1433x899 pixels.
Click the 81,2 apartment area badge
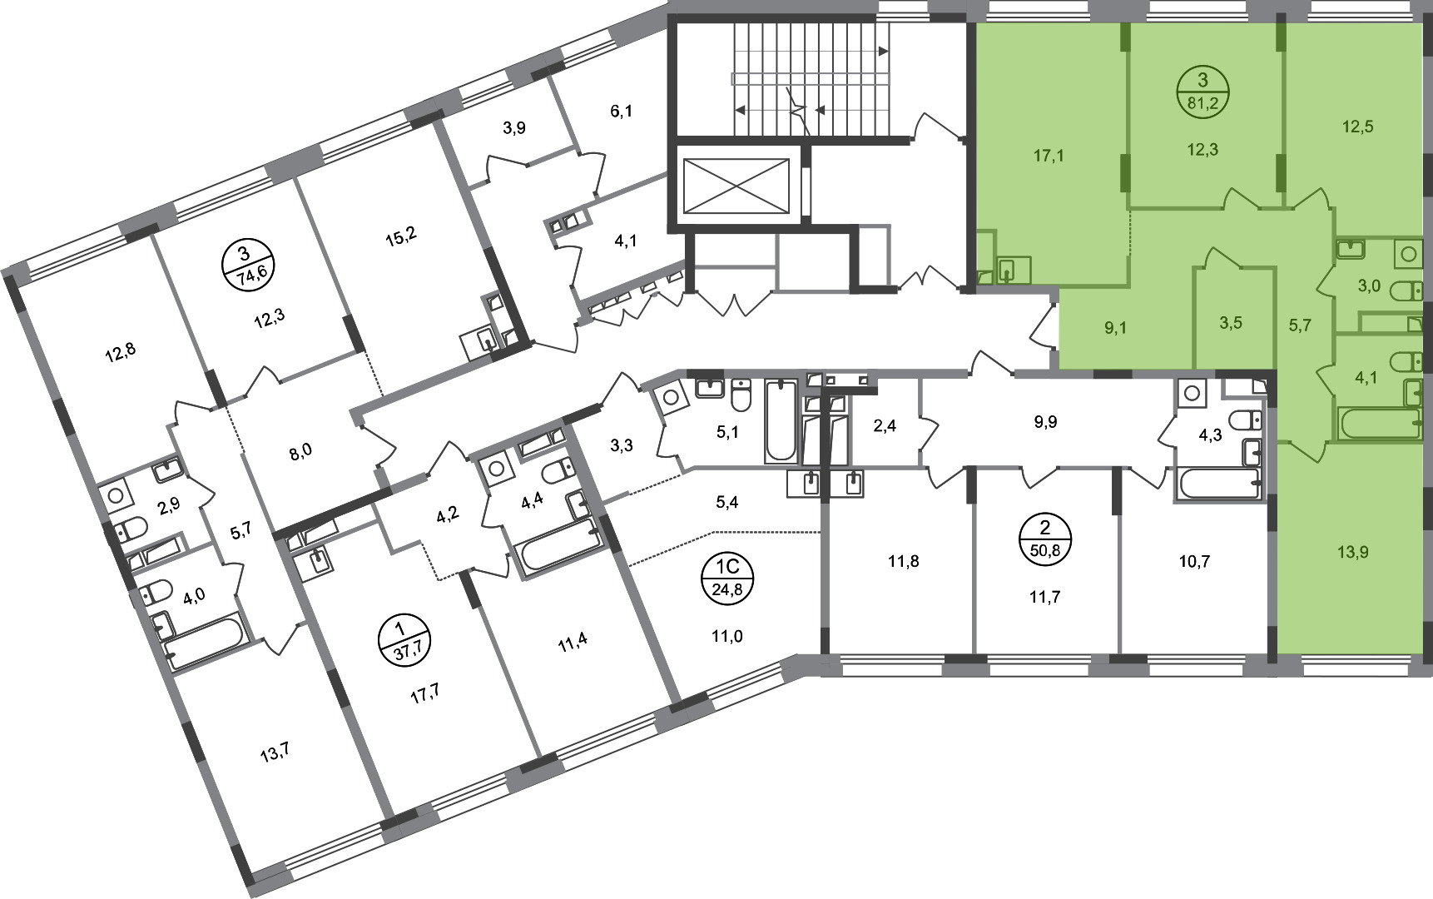point(1202,92)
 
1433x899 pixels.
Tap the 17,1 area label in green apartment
point(1049,156)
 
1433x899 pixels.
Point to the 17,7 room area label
point(424,696)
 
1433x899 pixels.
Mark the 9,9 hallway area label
point(1045,422)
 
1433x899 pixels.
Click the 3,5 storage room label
point(1231,323)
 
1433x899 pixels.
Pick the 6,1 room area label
point(621,111)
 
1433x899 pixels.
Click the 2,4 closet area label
point(884,427)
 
